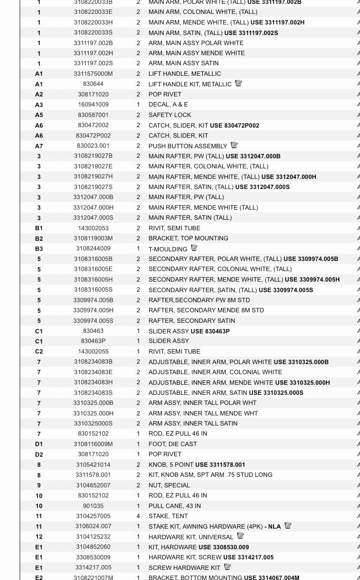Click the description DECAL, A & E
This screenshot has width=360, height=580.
[168, 105]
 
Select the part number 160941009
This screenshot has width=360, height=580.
[93, 105]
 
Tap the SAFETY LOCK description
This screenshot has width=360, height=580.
[170, 115]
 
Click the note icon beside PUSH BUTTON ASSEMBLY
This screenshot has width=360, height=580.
[234, 145]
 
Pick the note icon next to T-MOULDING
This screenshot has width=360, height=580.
[194, 249]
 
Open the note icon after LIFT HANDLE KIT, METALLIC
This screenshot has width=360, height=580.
[239, 83]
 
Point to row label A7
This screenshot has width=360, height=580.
[39, 146]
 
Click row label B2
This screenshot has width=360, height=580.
[39, 239]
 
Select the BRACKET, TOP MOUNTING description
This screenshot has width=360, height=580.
[188, 238]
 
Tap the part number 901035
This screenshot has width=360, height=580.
[93, 506]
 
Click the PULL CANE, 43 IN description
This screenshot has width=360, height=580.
[175, 506]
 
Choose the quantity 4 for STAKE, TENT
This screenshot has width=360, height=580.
[138, 516]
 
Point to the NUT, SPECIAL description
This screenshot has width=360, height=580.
[169, 485]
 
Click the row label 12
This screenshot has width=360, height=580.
[39, 537]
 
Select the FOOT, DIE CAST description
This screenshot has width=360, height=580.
[173, 444]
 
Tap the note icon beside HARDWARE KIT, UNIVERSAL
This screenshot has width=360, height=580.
[240, 536]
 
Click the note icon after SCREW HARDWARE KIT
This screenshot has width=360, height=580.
[228, 567]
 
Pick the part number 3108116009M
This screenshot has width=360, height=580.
[93, 444]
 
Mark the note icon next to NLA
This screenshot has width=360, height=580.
[288, 526]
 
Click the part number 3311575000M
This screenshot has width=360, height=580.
[93, 74]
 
